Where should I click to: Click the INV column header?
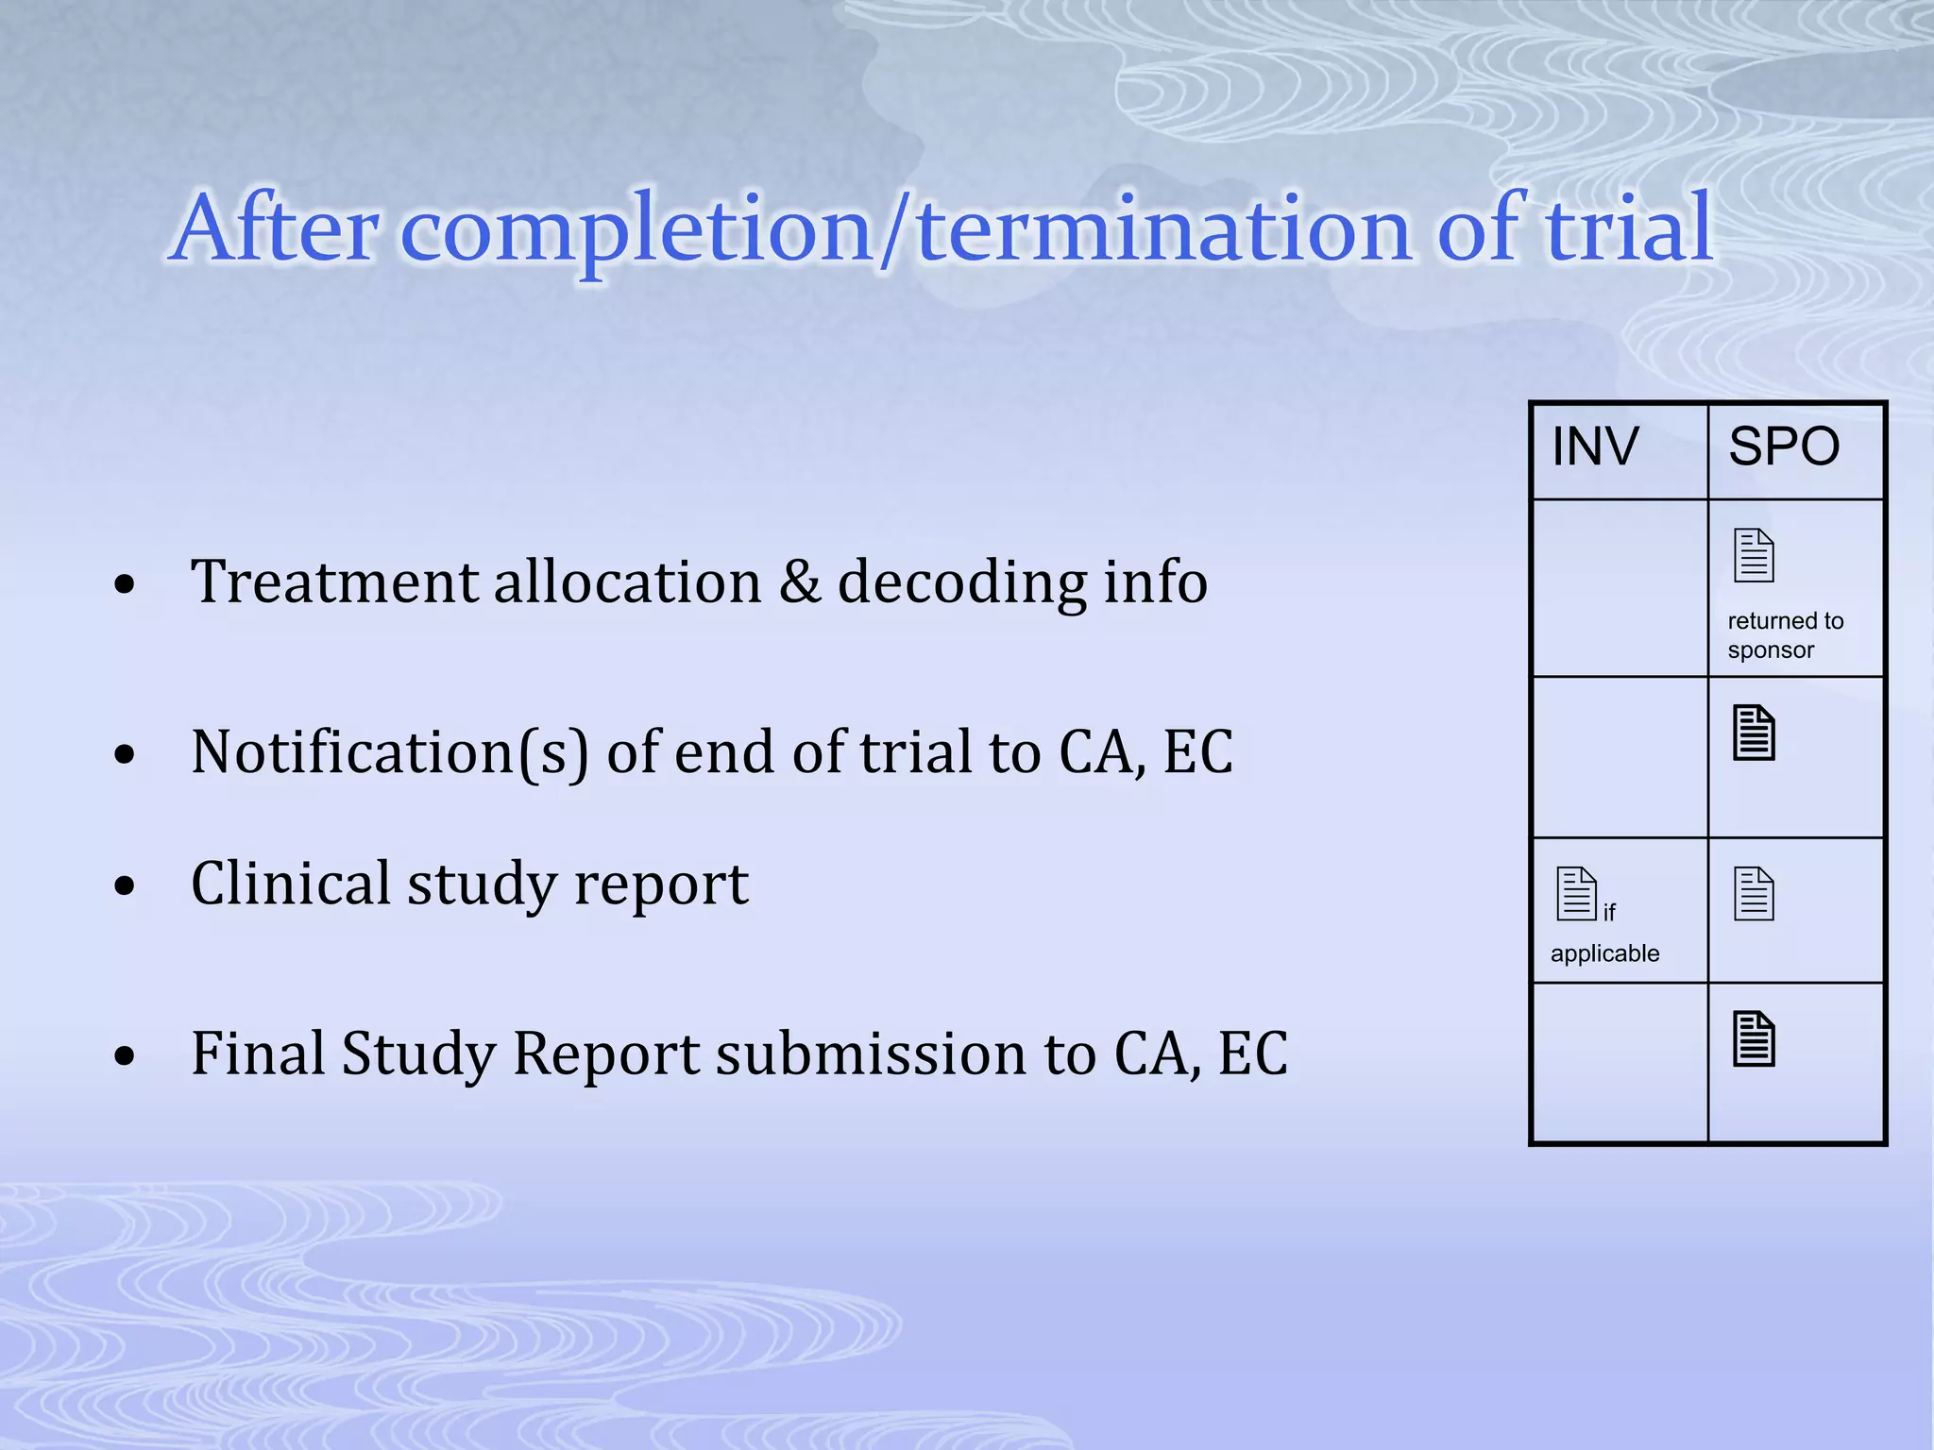tap(1595, 447)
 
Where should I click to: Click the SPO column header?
tap(1783, 447)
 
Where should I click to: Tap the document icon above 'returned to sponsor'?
tap(1754, 555)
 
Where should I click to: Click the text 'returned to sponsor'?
tap(1784, 635)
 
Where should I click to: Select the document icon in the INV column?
tap(1575, 893)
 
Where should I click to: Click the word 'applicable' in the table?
tap(1604, 953)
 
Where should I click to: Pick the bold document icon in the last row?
tap(1754, 1039)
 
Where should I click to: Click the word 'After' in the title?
tap(277, 228)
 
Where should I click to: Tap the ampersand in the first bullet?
tap(800, 582)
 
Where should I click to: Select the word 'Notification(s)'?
tap(389, 752)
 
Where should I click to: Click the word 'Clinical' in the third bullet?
tap(290, 884)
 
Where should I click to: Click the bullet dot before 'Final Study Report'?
tap(125, 1056)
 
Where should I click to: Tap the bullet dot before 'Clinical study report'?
tap(125, 886)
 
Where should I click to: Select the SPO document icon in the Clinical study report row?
tap(1754, 893)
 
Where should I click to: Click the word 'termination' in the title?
tap(1164, 228)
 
